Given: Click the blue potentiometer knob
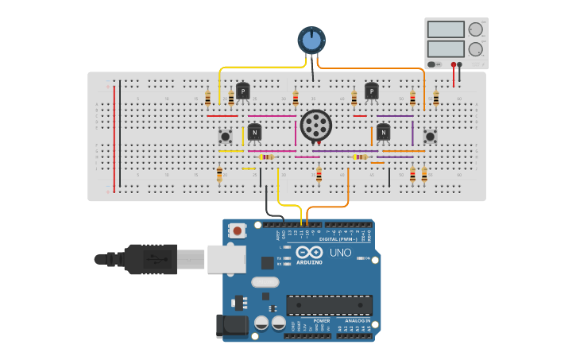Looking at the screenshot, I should (x=311, y=40).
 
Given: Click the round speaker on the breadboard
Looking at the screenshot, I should (x=316, y=126).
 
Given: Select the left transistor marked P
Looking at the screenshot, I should (x=242, y=91).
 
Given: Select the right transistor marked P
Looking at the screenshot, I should (x=371, y=91).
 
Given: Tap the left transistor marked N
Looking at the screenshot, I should (x=254, y=132).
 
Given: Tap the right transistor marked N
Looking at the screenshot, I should (x=383, y=132).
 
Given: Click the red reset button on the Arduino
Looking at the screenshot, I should (x=237, y=230).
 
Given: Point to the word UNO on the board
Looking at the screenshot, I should (x=340, y=254).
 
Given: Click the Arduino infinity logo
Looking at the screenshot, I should (x=308, y=252).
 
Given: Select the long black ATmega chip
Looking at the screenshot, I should (x=329, y=305).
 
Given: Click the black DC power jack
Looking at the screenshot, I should (x=231, y=325).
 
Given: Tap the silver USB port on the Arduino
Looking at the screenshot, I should (x=226, y=259).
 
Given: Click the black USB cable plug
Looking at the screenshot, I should (x=151, y=259).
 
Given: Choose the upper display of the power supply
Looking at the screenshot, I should (x=446, y=29).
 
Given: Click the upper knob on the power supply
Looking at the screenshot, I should (x=476, y=29).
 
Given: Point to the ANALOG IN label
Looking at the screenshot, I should (x=355, y=320).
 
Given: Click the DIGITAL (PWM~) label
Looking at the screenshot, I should (x=338, y=238).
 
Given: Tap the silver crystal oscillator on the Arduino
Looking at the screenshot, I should (x=265, y=282).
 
